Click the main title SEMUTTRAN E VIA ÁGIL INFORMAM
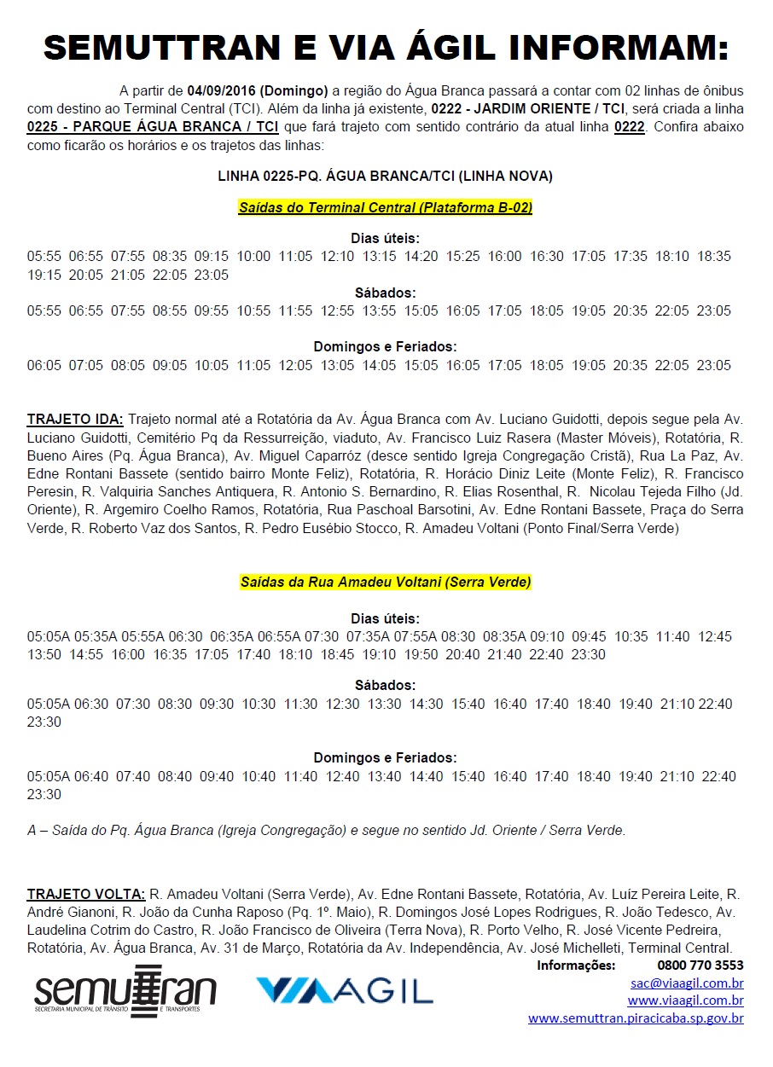(x=386, y=49)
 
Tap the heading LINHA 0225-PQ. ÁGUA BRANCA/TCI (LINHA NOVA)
(x=386, y=177)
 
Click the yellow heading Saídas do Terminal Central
(x=386, y=207)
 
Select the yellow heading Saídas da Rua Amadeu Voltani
(x=386, y=582)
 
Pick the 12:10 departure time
(x=337, y=256)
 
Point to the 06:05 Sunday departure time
(x=44, y=365)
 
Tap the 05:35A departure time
(x=94, y=636)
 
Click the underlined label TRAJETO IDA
(x=75, y=419)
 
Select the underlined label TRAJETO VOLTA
(x=86, y=894)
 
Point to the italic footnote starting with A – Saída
(x=327, y=830)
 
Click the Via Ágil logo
(x=345, y=989)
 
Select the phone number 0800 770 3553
(x=700, y=966)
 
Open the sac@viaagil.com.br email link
(x=687, y=983)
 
